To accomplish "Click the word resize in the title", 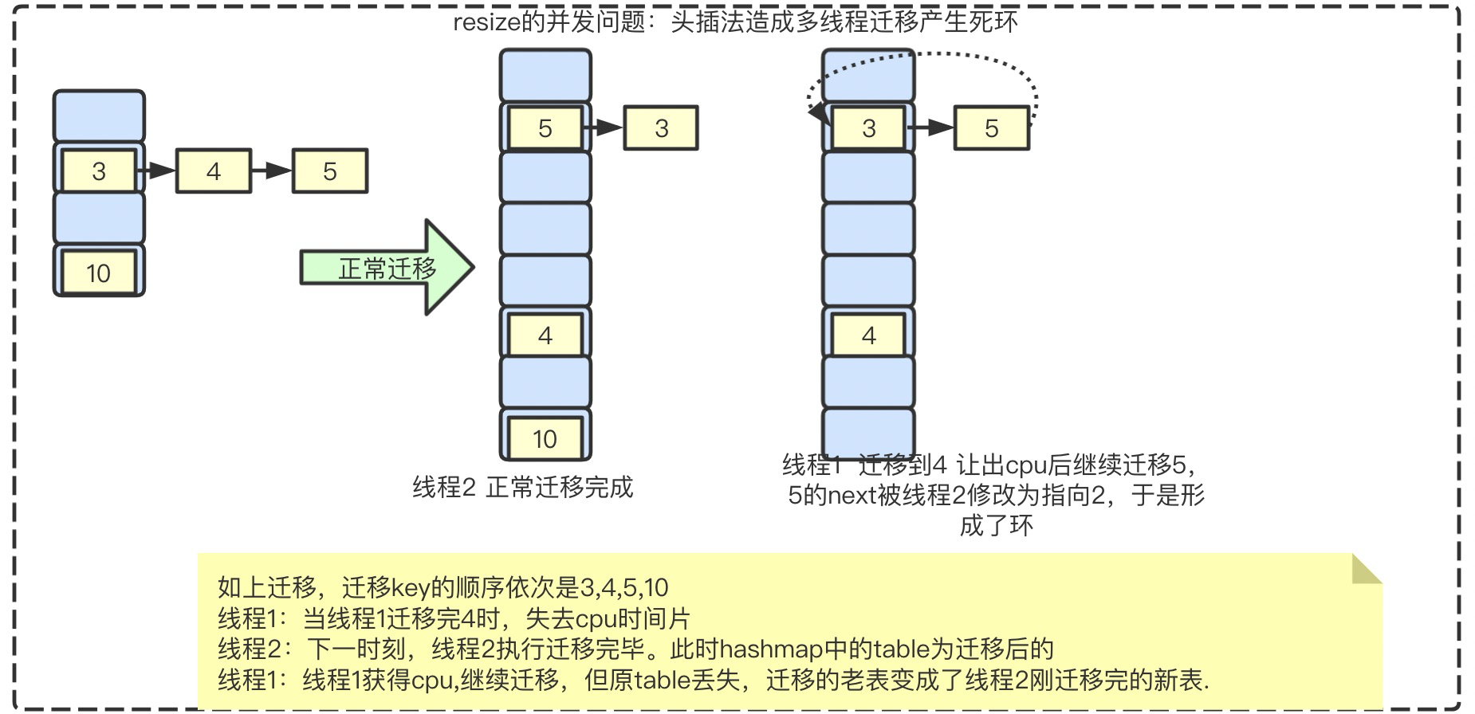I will tap(486, 22).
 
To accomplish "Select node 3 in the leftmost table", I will tap(99, 171).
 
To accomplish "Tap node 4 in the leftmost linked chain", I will tap(214, 171).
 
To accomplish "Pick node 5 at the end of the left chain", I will tap(330, 171).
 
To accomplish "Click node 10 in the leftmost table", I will tap(99, 273).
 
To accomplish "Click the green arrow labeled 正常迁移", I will tap(387, 268).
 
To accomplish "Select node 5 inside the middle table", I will tap(545, 128).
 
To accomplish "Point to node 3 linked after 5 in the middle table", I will tap(661, 128).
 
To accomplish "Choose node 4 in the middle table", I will tap(545, 335).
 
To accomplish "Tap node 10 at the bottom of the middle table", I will tap(545, 438).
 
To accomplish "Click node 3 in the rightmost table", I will tap(869, 128).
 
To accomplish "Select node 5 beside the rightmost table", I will tap(992, 128).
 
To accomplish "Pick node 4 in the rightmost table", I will tap(869, 335).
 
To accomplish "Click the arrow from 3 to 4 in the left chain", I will tap(157, 171).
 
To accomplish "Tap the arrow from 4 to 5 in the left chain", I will tap(273, 171).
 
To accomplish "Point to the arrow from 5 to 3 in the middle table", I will tap(604, 127).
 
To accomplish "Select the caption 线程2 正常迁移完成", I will tap(522, 487).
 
